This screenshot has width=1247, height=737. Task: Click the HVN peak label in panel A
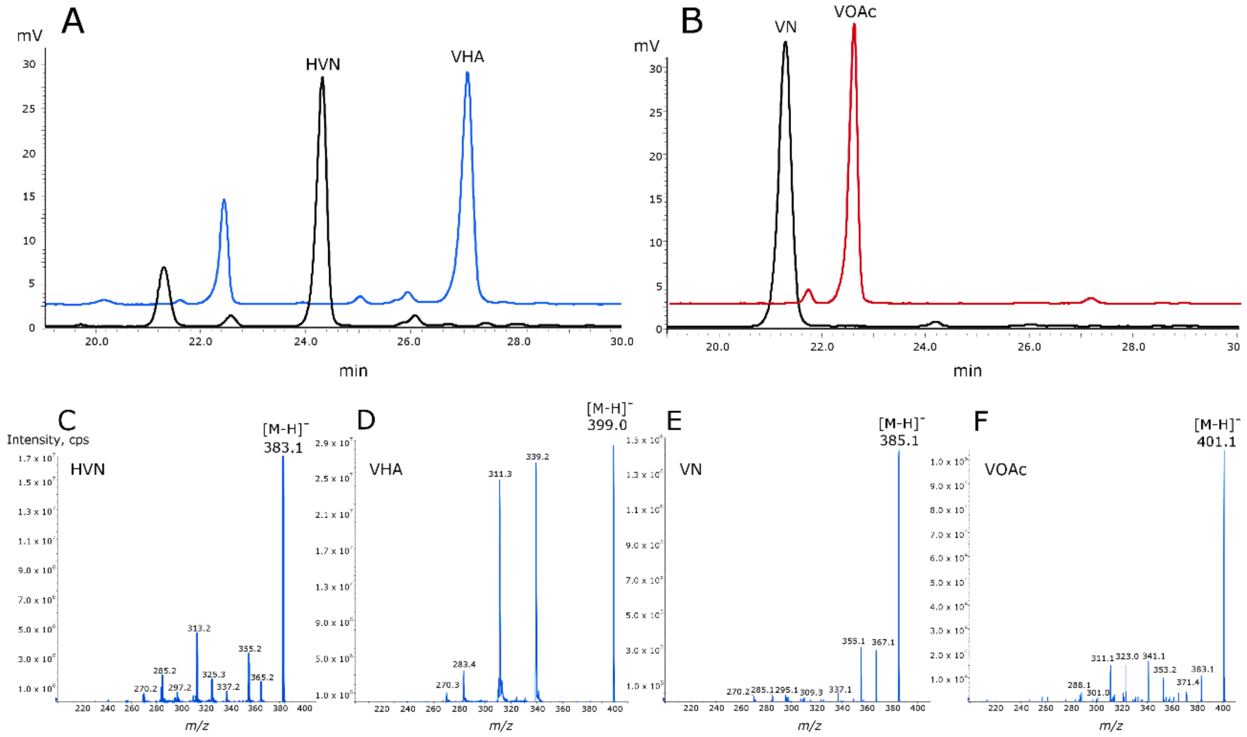323,65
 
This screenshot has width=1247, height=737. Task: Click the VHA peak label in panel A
467,57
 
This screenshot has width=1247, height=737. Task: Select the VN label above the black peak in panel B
785,27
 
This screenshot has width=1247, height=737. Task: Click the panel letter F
980,421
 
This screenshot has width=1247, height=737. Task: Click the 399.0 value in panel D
607,425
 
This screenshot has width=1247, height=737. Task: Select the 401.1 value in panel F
1216,441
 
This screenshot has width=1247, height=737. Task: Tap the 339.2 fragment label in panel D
537,457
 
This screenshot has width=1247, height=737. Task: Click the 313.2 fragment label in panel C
198,628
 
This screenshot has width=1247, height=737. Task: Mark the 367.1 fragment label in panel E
883,642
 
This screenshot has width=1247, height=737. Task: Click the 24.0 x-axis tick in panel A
305,342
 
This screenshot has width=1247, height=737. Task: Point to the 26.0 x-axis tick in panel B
1029,347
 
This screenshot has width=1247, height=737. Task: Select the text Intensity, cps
48,440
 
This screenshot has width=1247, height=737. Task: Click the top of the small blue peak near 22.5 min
224,200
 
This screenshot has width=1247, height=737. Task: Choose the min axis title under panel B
967,371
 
